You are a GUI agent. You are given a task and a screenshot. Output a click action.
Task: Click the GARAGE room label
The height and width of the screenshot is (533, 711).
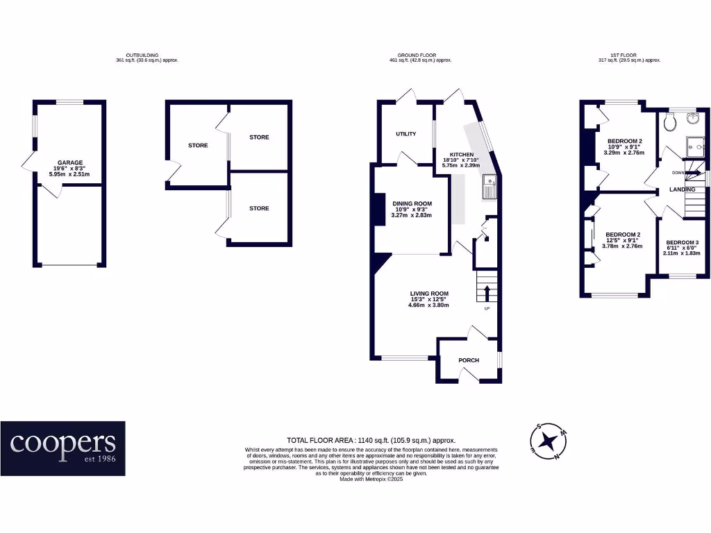pyautogui.click(x=70, y=162)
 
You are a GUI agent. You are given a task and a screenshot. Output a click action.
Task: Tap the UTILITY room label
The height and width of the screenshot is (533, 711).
pyautogui.click(x=406, y=134)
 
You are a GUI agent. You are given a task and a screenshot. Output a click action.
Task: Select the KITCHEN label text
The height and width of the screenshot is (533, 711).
pyautogui.click(x=462, y=155)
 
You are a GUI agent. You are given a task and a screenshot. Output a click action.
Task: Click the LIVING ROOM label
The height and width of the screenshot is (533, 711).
pyautogui.click(x=428, y=294)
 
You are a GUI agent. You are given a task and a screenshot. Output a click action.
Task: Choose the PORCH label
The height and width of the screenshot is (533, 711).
pyautogui.click(x=469, y=360)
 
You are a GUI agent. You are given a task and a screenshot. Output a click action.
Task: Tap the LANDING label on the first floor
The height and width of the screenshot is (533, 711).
pyautogui.click(x=683, y=189)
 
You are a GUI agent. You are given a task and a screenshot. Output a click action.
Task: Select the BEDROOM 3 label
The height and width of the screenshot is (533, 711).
pyautogui.click(x=682, y=242)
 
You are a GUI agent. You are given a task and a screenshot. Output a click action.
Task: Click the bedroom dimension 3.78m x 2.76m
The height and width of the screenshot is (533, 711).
pyautogui.click(x=622, y=246)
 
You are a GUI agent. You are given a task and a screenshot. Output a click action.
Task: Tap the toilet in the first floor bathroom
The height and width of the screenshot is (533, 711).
pyautogui.click(x=669, y=123)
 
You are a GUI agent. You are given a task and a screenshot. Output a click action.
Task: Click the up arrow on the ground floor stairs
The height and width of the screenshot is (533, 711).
pyautogui.click(x=486, y=290)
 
